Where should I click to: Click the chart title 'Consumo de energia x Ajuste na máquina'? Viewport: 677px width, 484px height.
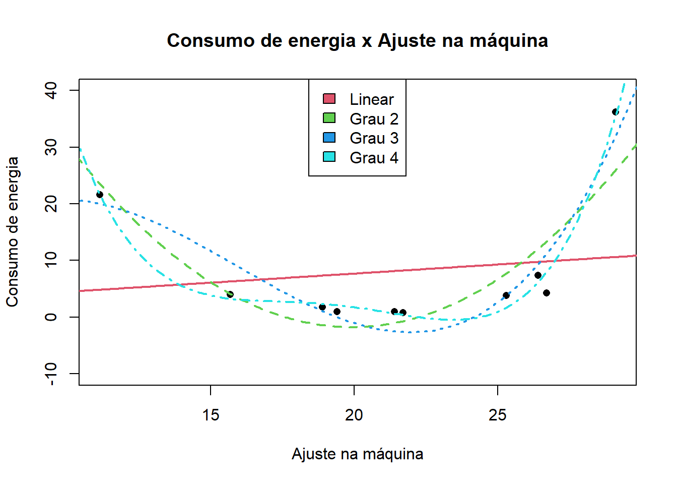coord(357,41)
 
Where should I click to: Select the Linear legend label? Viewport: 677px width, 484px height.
coord(372,99)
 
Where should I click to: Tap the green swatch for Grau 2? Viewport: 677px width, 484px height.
coord(329,118)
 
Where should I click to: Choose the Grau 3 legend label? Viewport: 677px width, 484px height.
coord(374,138)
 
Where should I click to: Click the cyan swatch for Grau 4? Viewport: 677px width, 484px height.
coord(329,157)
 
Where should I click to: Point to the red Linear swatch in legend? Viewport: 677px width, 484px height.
coord(329,99)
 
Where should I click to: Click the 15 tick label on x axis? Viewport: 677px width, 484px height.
coord(211,415)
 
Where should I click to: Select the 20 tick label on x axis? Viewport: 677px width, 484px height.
coord(354,415)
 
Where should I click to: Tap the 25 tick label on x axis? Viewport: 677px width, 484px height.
coord(498,415)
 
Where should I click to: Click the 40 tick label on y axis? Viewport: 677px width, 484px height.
coord(51,91)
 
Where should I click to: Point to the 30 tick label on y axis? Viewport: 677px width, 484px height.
coord(51,147)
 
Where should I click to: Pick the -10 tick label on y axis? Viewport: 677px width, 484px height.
coord(51,374)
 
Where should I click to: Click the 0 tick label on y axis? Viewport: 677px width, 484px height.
coord(51,317)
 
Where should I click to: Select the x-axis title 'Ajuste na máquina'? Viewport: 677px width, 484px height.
coord(357,454)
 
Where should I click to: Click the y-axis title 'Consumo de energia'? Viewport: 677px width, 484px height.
coord(13,231)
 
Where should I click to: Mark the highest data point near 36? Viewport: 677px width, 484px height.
coord(615,112)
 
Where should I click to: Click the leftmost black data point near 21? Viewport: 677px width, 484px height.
coord(100,195)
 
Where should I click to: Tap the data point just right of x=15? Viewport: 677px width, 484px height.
coord(230,294)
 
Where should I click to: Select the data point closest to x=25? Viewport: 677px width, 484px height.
coord(506,295)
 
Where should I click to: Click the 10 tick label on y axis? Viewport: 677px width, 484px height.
coord(51,260)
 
